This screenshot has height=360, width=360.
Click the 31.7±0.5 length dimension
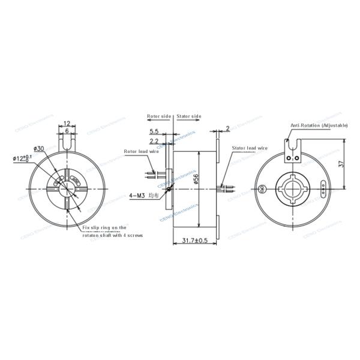click(x=194, y=241)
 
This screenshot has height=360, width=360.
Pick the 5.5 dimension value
click(x=155, y=131)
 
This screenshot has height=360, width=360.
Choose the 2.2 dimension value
click(x=155, y=141)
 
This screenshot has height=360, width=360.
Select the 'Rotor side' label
click(x=159, y=116)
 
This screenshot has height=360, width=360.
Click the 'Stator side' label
click(x=189, y=116)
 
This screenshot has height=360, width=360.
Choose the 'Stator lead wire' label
click(x=250, y=146)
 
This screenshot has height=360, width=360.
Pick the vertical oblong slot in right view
click(x=325, y=190)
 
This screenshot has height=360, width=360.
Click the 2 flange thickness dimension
click(x=229, y=128)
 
